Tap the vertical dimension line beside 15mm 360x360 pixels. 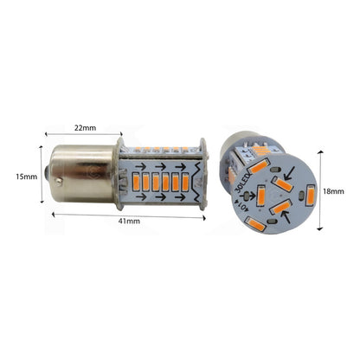pos(41,177)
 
